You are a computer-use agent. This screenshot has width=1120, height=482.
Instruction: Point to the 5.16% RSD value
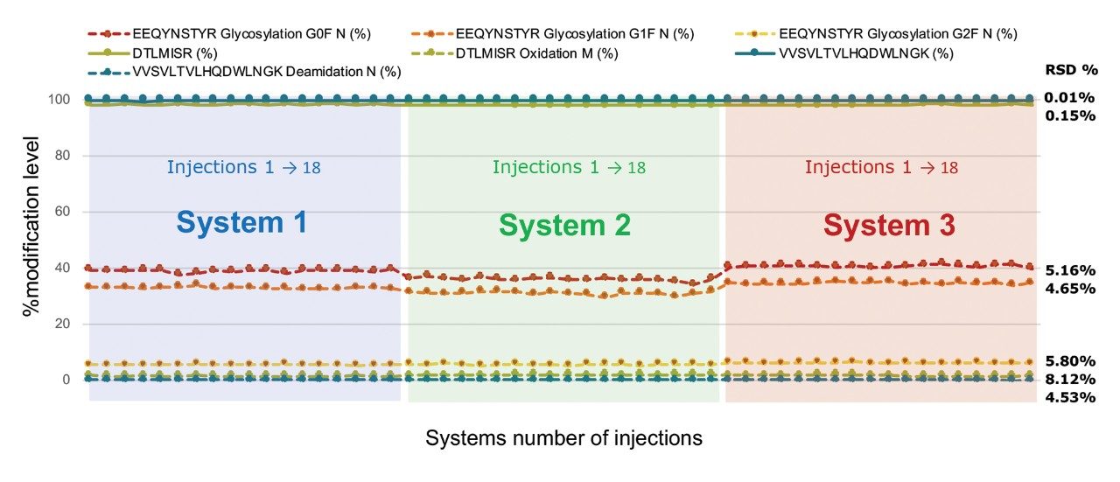pos(1070,270)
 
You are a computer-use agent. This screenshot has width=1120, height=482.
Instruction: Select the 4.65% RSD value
pos(1070,288)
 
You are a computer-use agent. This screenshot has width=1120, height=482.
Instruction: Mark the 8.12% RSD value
pos(1070,379)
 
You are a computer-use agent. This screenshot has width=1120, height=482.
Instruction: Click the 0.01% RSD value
pos(1070,97)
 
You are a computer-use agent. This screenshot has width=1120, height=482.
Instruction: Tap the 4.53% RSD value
pos(1070,397)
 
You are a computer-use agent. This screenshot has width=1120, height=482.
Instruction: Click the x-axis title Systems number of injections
pos(563,438)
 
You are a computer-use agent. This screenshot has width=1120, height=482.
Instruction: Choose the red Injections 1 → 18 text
pos(881,167)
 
